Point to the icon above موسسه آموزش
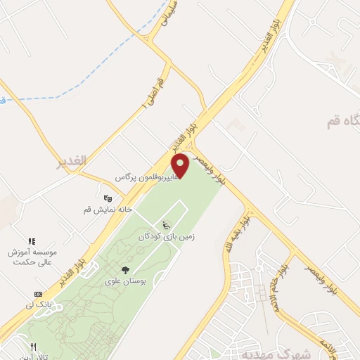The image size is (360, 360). pos(31,241)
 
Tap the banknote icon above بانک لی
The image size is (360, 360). pos(38,293)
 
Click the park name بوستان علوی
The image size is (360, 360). pos(124,281)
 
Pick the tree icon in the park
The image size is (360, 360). pos(125,269)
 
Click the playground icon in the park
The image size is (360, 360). pos(166,226)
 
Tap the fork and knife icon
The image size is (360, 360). pos(32,347)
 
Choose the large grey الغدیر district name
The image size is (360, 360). pos(72,161)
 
